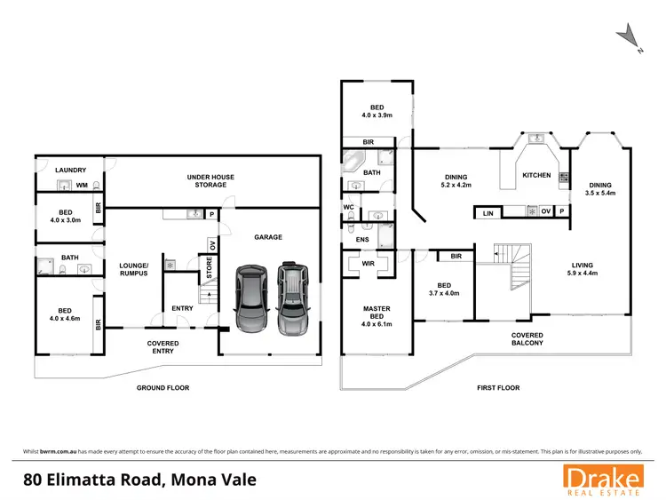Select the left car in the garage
(250, 298)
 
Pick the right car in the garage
(291, 298)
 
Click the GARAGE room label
(268, 237)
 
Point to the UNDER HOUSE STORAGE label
(210, 181)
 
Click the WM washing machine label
(82, 186)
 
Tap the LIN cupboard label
(488, 214)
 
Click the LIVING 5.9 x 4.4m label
(583, 268)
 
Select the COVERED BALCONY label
(527, 338)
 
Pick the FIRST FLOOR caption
(497, 388)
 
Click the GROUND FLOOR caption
(163, 388)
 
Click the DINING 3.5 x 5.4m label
(599, 189)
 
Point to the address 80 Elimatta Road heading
(139, 480)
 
